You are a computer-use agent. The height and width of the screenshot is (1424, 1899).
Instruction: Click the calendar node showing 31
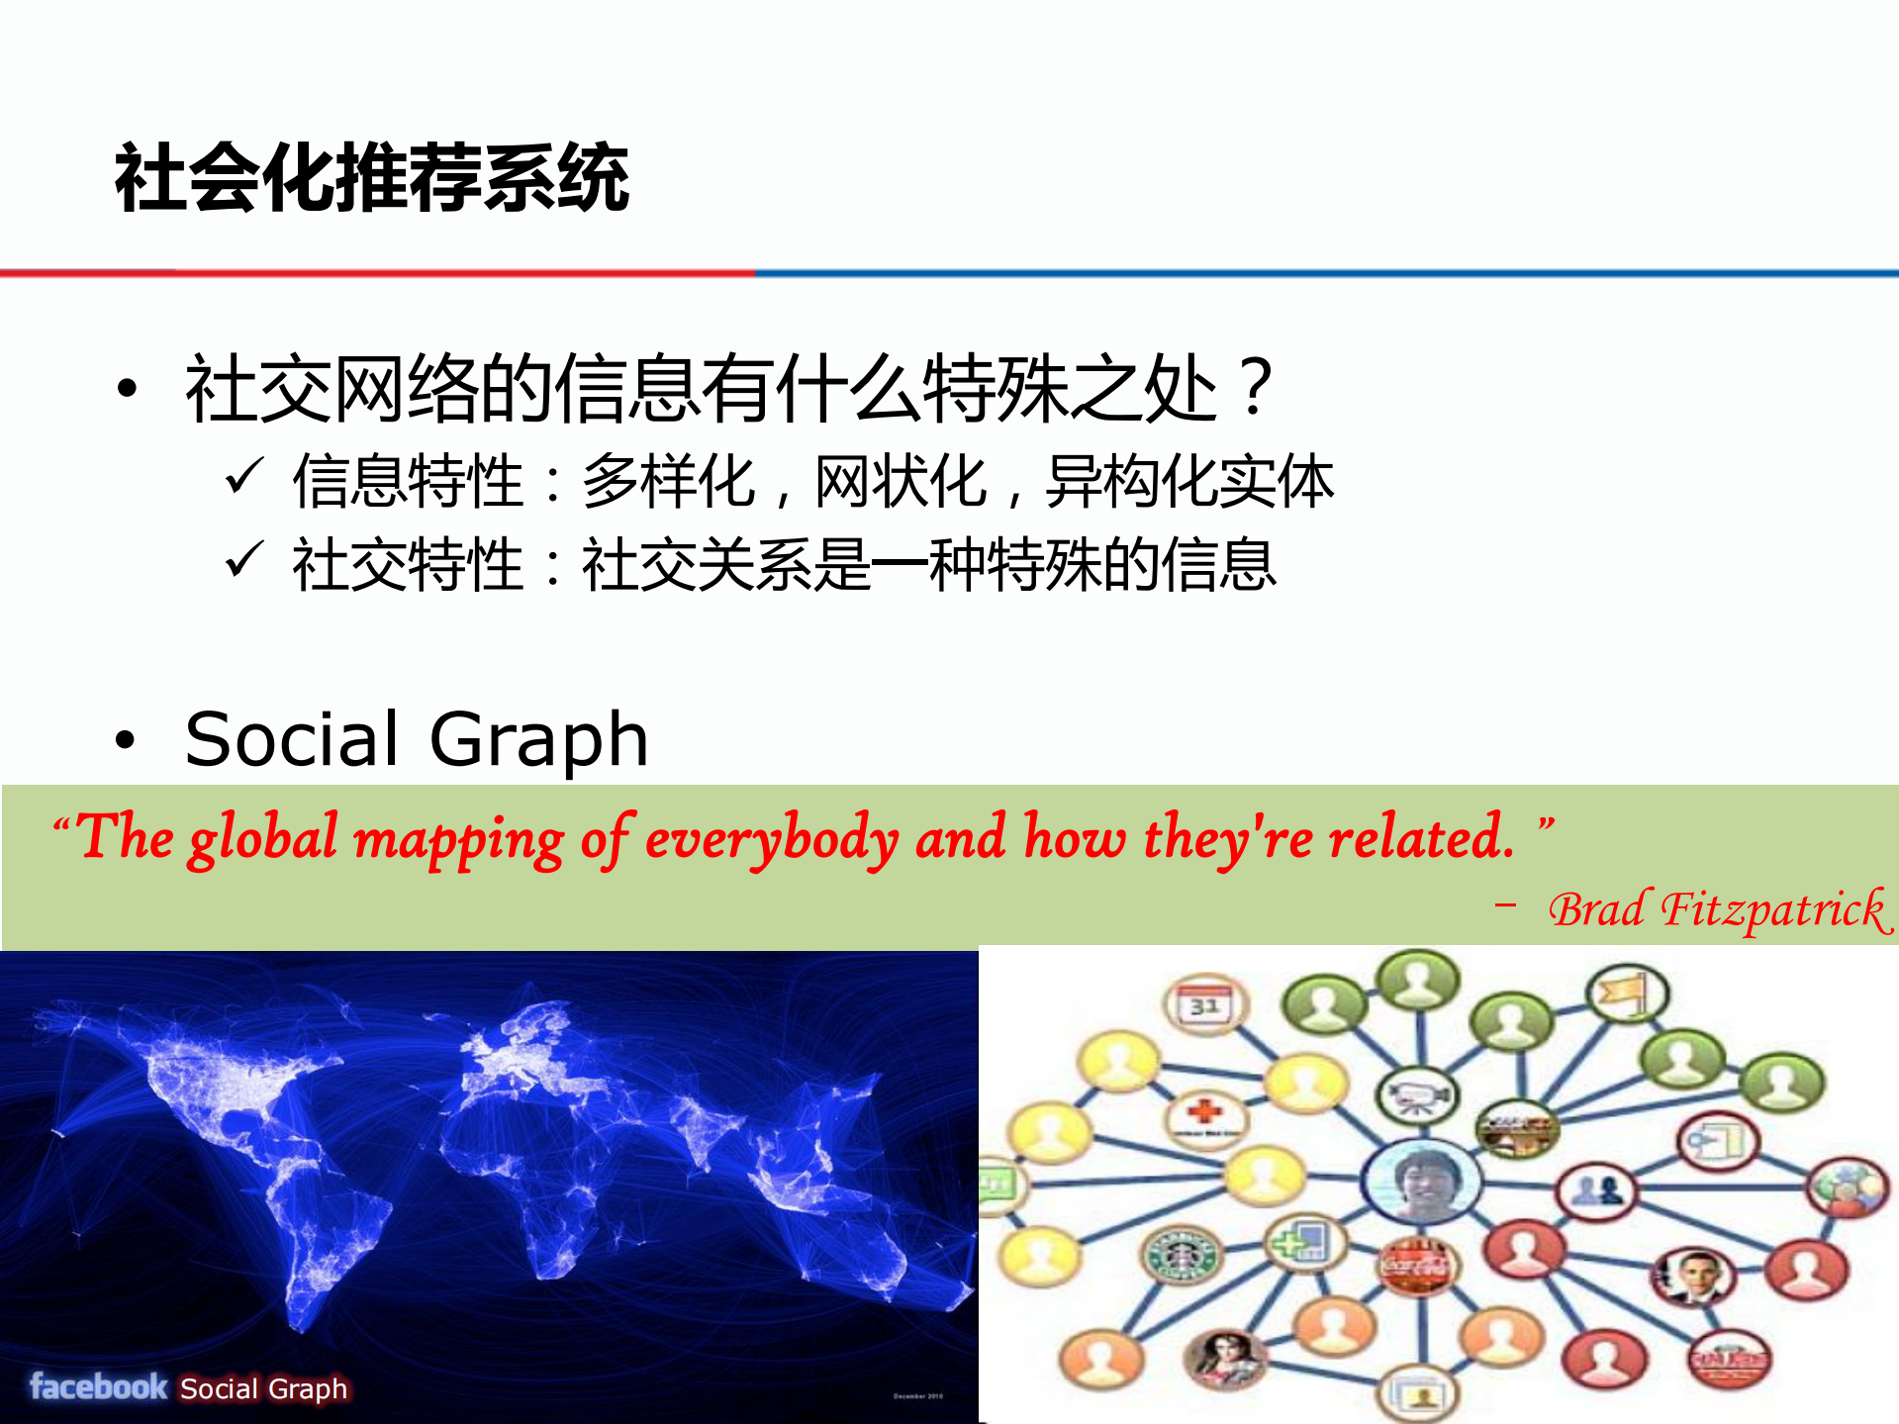coord(1204,1004)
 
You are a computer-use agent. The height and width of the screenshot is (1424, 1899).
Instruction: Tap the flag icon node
coord(1626,993)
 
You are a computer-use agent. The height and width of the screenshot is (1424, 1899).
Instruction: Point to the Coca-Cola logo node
coord(1415,1267)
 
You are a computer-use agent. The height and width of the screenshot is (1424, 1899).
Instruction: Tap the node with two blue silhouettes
coord(1595,1187)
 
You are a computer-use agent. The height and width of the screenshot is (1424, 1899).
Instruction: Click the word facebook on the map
coord(98,1386)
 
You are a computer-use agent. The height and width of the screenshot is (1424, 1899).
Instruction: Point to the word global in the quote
coord(263,838)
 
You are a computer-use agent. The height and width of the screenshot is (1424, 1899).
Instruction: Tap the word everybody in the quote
coord(772,839)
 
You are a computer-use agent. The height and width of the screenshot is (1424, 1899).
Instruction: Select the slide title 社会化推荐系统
coord(372,177)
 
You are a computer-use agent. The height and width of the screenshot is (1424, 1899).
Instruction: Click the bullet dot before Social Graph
coord(125,739)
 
